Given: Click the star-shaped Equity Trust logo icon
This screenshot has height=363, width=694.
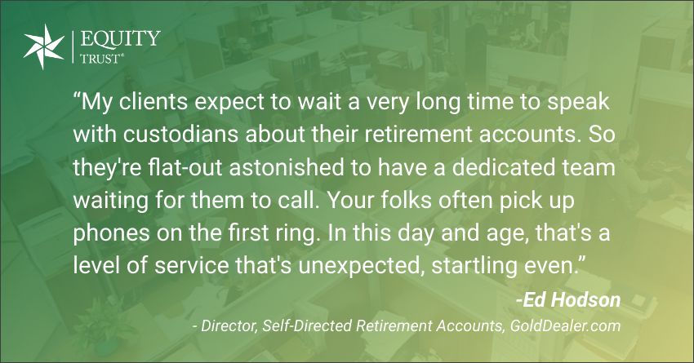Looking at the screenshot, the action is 44,46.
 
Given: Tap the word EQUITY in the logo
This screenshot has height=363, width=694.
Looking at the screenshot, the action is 120,39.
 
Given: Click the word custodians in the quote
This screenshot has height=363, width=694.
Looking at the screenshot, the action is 181,135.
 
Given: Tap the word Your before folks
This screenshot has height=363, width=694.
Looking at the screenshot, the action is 351,201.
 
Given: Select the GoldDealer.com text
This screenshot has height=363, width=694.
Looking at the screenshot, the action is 565,326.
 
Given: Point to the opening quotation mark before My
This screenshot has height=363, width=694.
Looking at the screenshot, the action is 77,97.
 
